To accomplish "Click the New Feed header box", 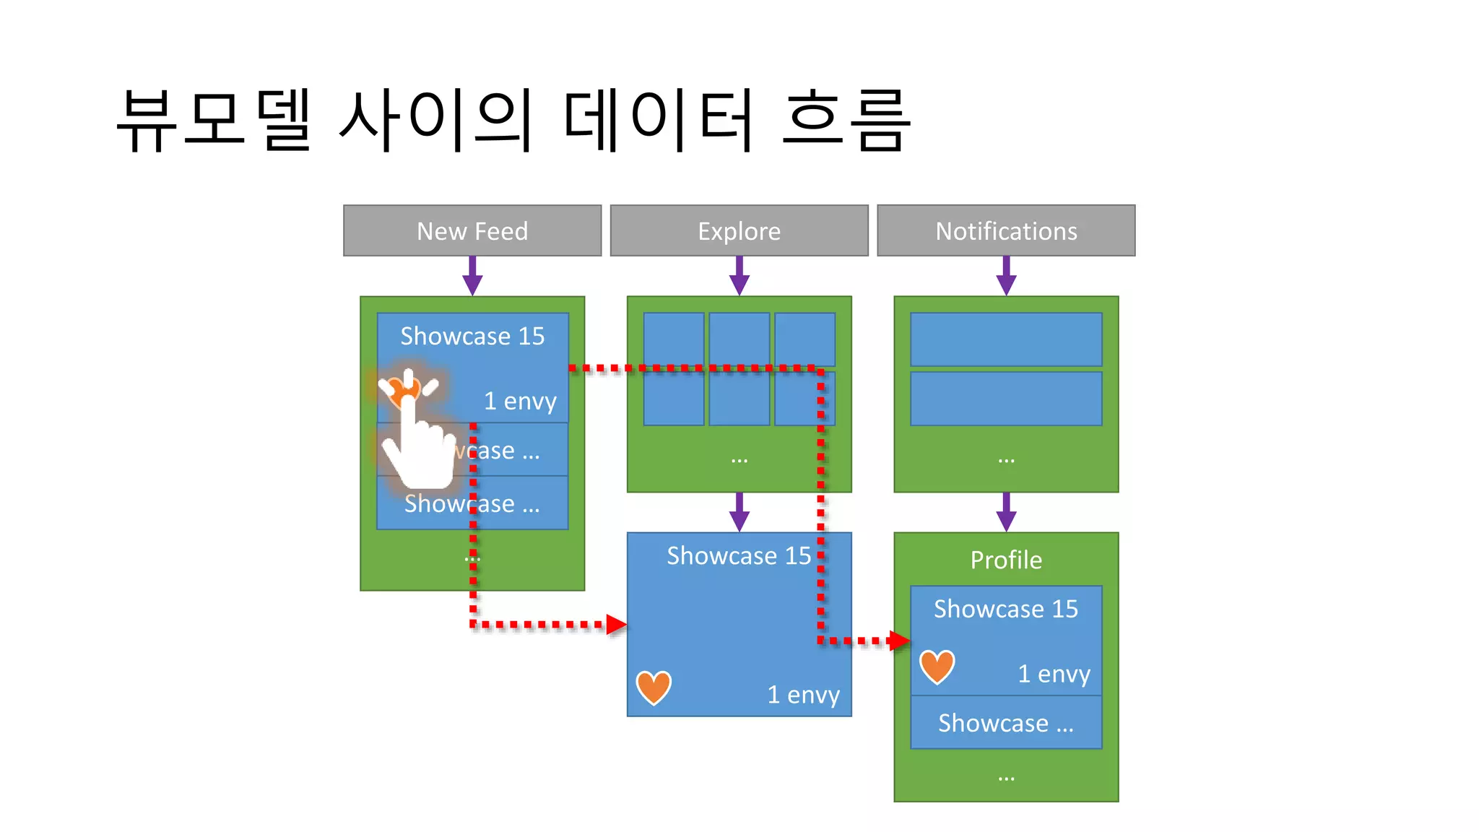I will (472, 230).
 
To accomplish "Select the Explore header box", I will (739, 230).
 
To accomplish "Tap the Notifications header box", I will (1006, 230).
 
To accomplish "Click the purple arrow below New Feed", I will (472, 277).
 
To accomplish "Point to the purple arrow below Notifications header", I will (1006, 277).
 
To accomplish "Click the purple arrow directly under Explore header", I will (739, 277).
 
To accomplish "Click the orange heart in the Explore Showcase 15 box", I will (654, 687).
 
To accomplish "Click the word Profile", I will (1006, 560).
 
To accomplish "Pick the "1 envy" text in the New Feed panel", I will (520, 401).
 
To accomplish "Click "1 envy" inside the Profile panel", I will (1054, 674).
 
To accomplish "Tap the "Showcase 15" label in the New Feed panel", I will (472, 336).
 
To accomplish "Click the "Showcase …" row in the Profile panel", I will (1006, 723).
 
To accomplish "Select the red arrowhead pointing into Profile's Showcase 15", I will (899, 641).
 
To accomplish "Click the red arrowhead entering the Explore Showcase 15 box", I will (616, 625).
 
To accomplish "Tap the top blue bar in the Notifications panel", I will (1006, 339).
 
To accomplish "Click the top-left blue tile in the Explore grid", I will (673, 339).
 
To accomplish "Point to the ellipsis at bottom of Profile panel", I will (1006, 778).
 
